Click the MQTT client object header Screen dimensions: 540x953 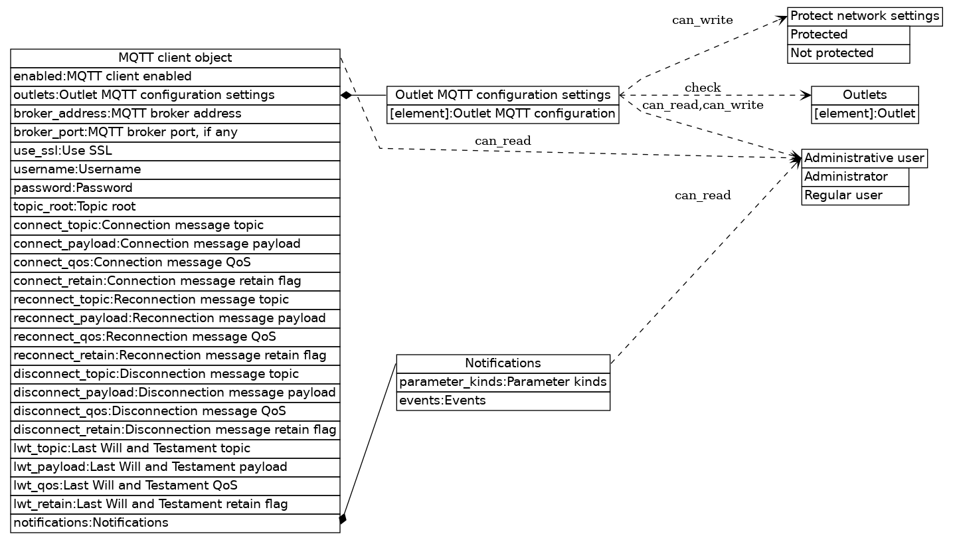pyautogui.click(x=175, y=58)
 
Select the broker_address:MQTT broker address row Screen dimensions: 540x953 pyautogui.click(x=175, y=114)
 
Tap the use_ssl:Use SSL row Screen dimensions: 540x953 pyautogui.click(x=175, y=151)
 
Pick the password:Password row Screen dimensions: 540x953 pyautogui.click(x=175, y=188)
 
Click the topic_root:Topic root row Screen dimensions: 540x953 pyautogui.click(x=175, y=207)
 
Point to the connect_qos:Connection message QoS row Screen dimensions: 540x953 pyautogui.click(x=175, y=262)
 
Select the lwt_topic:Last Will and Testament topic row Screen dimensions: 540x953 pyautogui.click(x=175, y=448)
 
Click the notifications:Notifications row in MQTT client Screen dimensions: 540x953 pyautogui.click(x=175, y=523)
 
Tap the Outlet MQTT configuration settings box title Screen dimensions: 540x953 pyautogui.click(x=503, y=95)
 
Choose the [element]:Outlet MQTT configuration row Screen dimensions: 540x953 pyautogui.click(x=503, y=114)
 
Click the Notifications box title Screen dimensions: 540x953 pyautogui.click(x=503, y=363)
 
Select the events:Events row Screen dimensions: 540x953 pyautogui.click(x=503, y=401)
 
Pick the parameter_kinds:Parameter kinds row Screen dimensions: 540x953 pyautogui.click(x=503, y=382)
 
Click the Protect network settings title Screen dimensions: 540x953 pyautogui.click(x=864, y=16)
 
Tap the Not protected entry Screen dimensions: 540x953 pyautogui.click(x=848, y=53)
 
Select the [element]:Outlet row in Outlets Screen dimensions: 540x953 pyautogui.click(x=865, y=114)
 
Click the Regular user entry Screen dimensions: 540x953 pyautogui.click(x=855, y=195)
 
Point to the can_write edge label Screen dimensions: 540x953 pyautogui.click(x=703, y=20)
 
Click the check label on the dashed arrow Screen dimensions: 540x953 pyautogui.click(x=703, y=88)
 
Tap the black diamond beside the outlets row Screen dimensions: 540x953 pyautogui.click(x=346, y=95)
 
